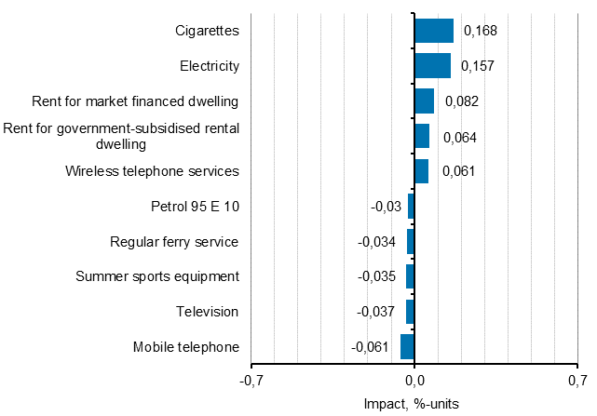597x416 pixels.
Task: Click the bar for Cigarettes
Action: [x=434, y=31]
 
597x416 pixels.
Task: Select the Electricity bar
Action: [x=432, y=66]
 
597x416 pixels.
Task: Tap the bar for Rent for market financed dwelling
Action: [x=424, y=101]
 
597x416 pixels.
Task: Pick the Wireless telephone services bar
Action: [x=421, y=171]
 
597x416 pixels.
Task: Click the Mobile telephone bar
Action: [x=407, y=347]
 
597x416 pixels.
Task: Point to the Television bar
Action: [x=410, y=312]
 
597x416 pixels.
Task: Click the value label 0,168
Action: [x=481, y=31]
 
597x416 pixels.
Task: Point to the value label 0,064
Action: [x=459, y=137]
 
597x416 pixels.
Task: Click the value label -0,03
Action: [x=386, y=207]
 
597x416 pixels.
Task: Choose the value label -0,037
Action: [x=377, y=312]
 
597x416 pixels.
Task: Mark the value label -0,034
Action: [x=377, y=242]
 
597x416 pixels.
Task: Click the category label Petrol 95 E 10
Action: [x=195, y=207]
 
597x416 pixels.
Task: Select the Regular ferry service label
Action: [x=174, y=242]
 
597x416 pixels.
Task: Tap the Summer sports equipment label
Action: [x=157, y=276]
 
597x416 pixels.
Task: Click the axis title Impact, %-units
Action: [x=414, y=404]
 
